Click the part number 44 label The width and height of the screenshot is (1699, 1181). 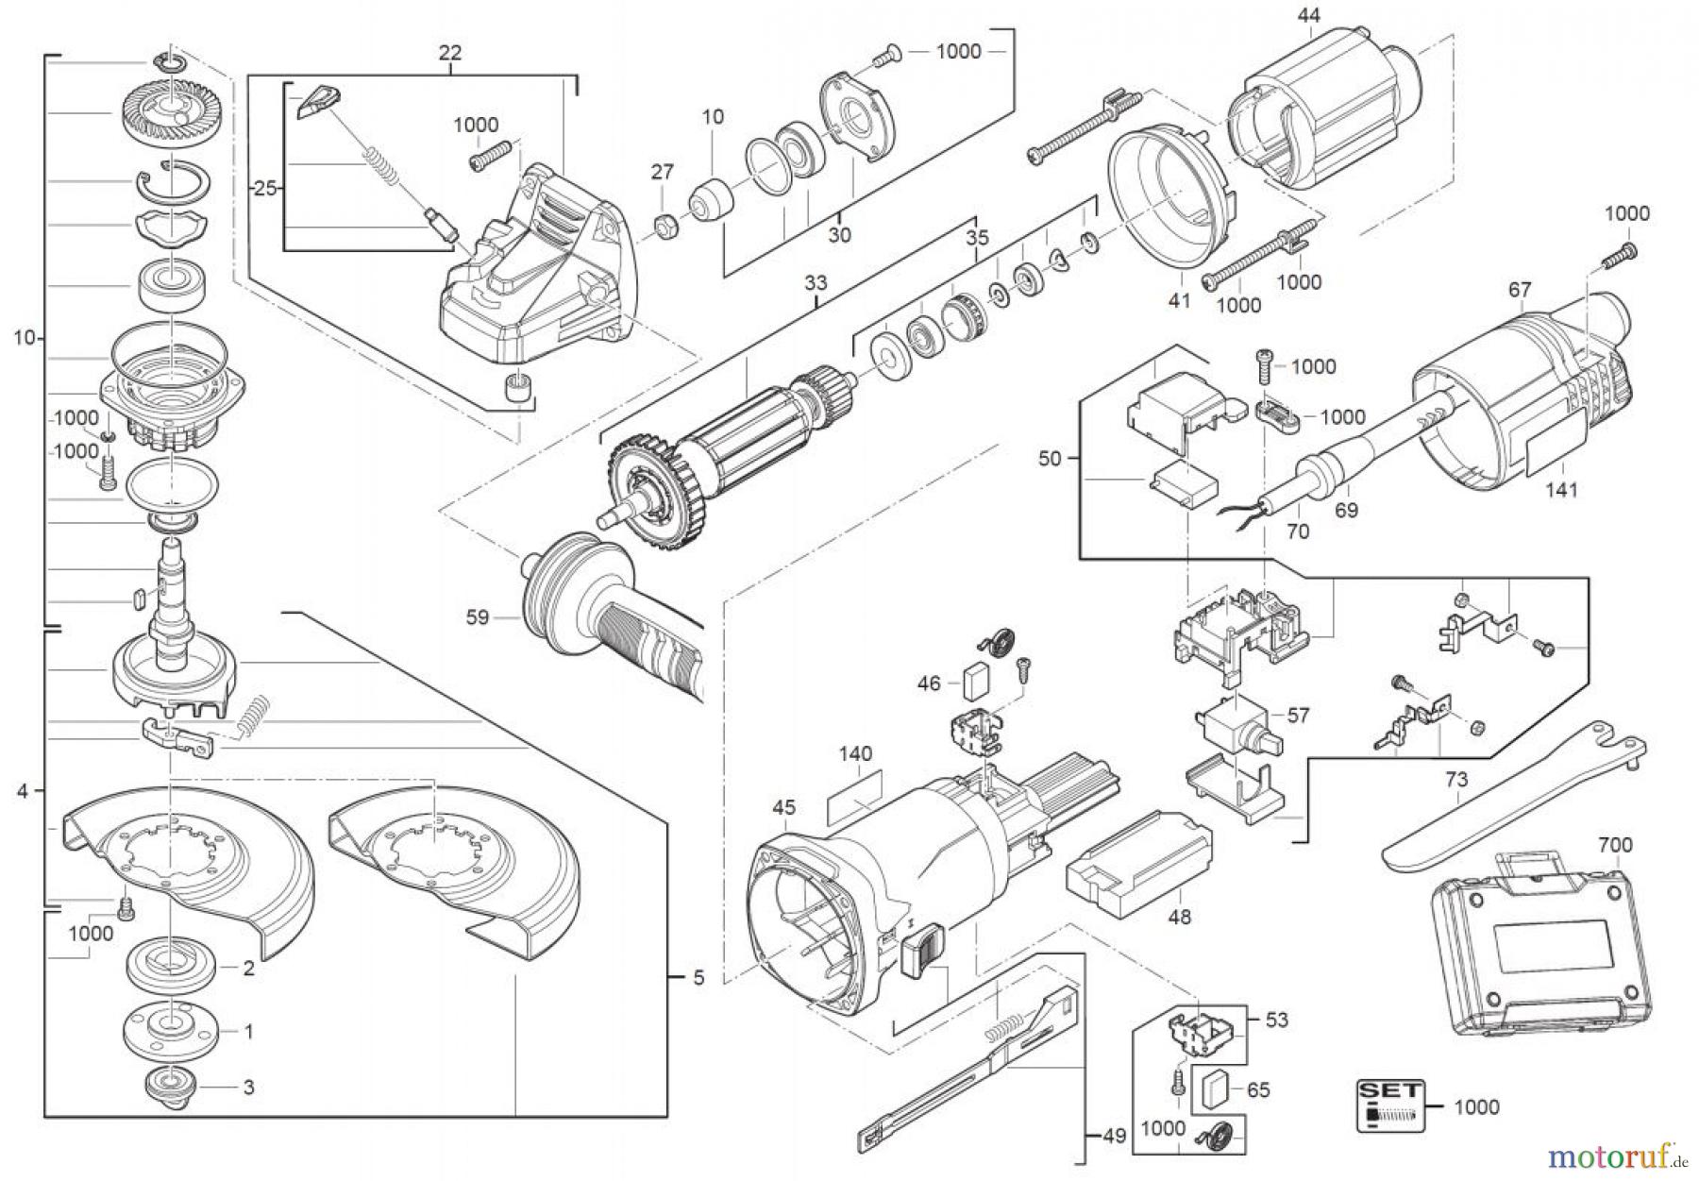point(1308,14)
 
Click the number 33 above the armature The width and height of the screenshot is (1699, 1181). point(815,282)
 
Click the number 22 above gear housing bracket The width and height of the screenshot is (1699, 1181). point(449,53)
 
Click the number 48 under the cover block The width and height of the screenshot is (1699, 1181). point(1179,917)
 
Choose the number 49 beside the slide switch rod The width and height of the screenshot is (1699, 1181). point(1114,1137)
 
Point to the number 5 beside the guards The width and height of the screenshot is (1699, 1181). point(698,978)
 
